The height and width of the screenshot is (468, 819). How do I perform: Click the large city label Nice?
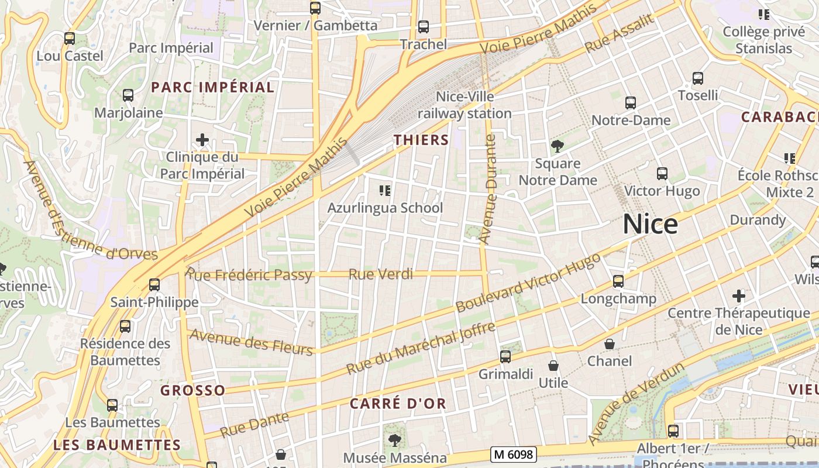650,224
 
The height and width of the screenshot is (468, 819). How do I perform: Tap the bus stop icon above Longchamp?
618,281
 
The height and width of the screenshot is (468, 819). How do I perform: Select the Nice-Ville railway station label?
464,105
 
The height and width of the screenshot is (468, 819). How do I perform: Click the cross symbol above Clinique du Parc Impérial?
202,140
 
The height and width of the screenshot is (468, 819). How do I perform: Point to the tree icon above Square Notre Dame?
558,146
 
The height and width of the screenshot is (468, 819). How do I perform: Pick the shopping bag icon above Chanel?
610,344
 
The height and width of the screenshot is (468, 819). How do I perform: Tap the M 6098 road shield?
513,454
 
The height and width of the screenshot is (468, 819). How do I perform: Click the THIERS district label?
421,140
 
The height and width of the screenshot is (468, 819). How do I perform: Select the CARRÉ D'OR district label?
398,403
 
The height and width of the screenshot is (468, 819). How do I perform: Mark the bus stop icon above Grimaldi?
505,356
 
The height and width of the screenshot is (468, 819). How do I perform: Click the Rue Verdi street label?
381,274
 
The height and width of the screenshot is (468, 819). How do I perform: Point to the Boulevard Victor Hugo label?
528,283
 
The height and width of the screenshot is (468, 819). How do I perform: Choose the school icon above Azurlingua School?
384,190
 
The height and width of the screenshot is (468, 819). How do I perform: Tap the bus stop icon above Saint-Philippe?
154,285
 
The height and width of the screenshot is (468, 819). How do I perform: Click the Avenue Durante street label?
487,190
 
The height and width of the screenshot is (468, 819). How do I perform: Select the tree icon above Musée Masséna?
395,439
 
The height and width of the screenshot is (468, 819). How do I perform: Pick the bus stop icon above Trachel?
423,27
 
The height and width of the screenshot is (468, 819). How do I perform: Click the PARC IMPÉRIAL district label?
212,87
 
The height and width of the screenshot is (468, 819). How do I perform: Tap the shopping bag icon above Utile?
553,366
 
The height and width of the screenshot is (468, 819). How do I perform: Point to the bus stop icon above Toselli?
697,78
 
